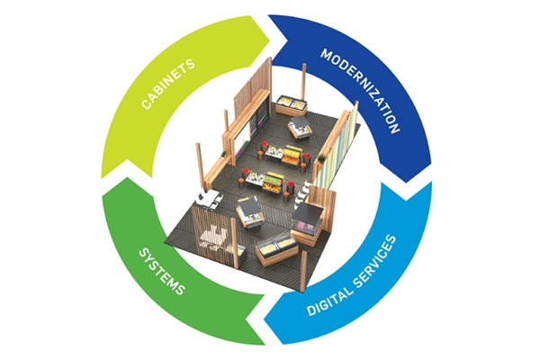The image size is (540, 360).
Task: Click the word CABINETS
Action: (x=168, y=84)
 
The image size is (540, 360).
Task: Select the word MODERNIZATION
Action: (x=361, y=91)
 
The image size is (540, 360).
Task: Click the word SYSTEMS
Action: (x=161, y=272)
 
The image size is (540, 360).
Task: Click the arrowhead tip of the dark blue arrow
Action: (x=407, y=183)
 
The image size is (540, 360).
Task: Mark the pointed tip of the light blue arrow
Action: (x=264, y=321)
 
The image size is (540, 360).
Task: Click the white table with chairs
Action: (x=209, y=199)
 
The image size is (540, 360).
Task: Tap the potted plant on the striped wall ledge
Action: (x=321, y=158)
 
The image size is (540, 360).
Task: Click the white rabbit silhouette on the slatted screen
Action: (x=214, y=237)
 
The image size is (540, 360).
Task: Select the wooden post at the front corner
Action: (x=303, y=271)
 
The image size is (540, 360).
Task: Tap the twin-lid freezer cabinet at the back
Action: (x=291, y=105)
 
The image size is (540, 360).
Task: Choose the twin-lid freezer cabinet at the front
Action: (x=276, y=251)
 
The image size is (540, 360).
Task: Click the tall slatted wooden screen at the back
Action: (x=253, y=88)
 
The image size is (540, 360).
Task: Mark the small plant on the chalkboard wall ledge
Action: (x=224, y=154)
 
